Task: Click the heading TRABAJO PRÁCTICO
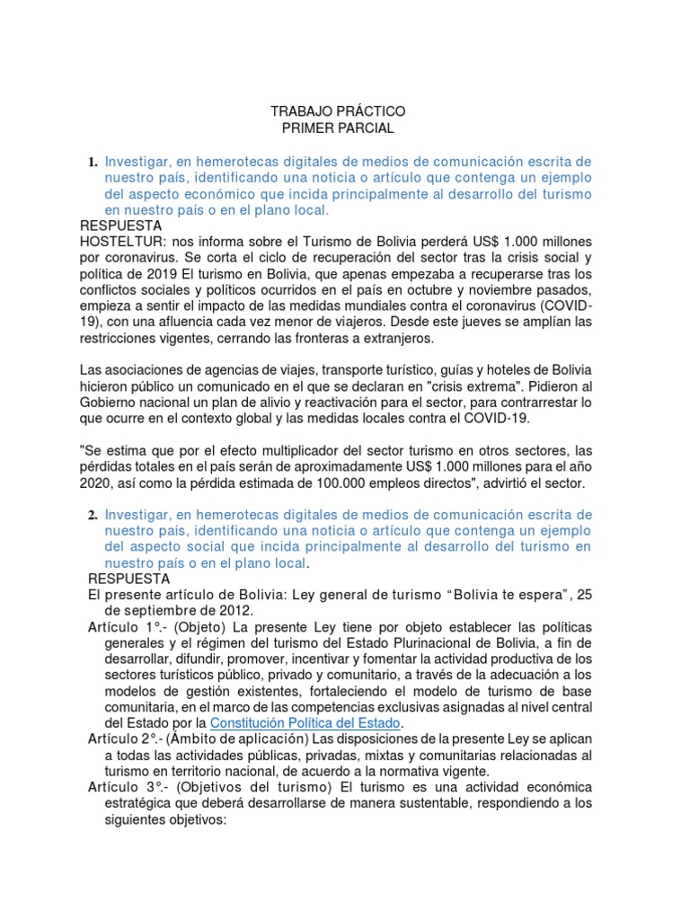[338, 111]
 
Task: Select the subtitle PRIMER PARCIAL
[338, 128]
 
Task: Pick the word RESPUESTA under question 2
[129, 579]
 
